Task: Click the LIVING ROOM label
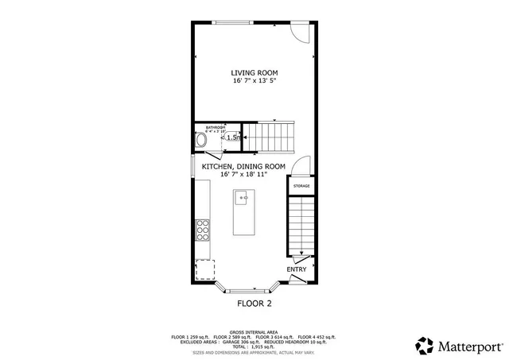pos(254,72)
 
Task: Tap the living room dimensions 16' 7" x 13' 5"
pos(254,80)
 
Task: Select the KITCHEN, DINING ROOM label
pos(243,166)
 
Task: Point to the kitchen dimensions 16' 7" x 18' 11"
pos(243,174)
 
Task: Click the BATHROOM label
pos(216,128)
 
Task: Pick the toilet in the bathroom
pos(202,140)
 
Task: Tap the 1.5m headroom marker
pos(233,137)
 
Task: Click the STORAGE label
pos(301,186)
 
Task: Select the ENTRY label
pos(297,269)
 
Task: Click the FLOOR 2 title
pos(254,303)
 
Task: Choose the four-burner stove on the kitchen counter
pos(203,229)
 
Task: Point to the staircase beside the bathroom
pos(268,137)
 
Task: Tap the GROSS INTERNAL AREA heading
pos(254,331)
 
